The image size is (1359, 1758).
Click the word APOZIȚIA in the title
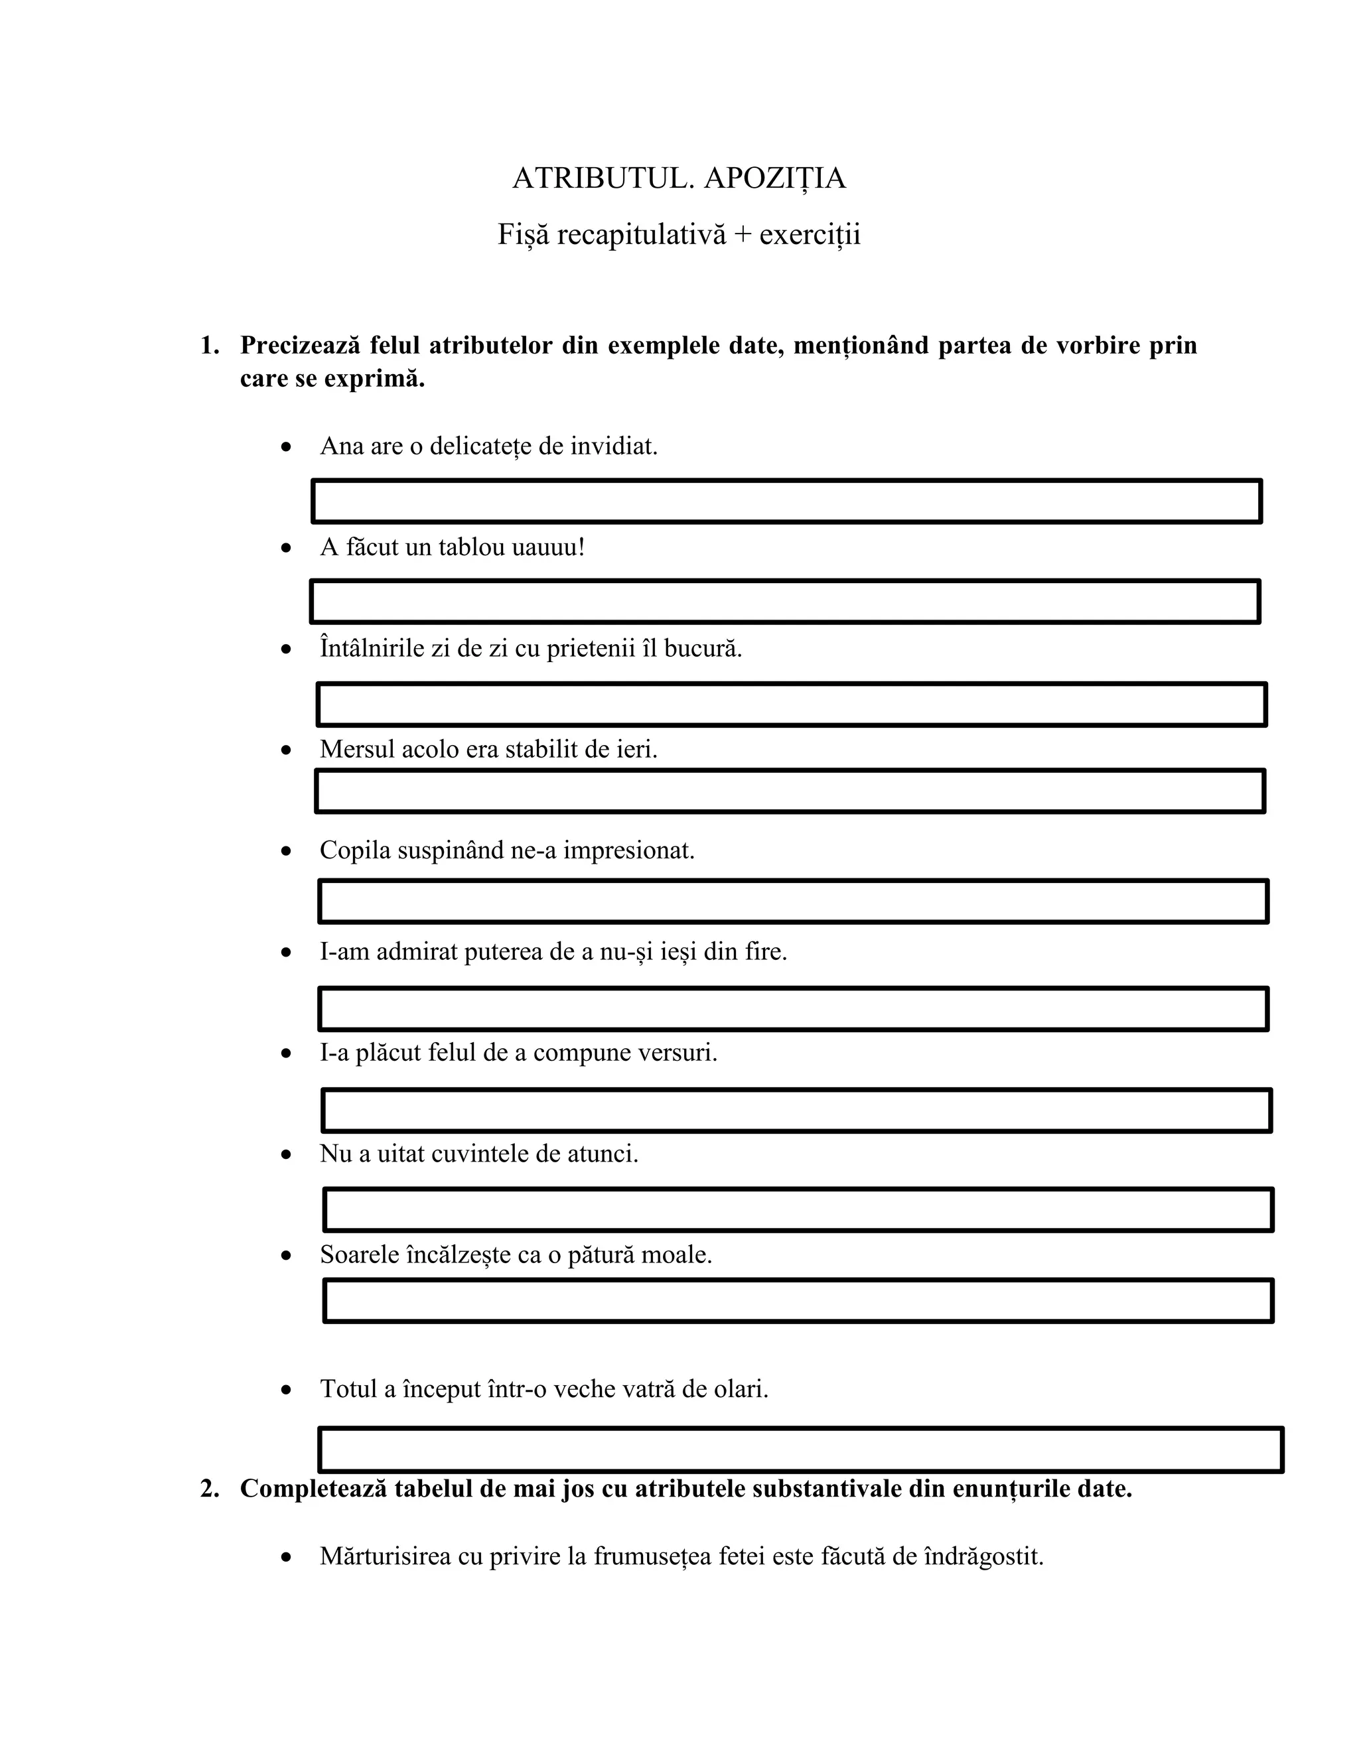pos(774,178)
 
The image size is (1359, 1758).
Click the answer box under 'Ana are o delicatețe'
pos(786,502)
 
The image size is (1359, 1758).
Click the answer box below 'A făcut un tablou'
pos(785,601)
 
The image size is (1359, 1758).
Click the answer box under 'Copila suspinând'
pos(793,902)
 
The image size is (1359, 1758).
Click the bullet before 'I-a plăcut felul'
pos(286,1053)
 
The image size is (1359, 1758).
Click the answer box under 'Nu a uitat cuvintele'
pos(798,1210)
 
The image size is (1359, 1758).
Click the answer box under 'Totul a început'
pos(800,1450)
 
